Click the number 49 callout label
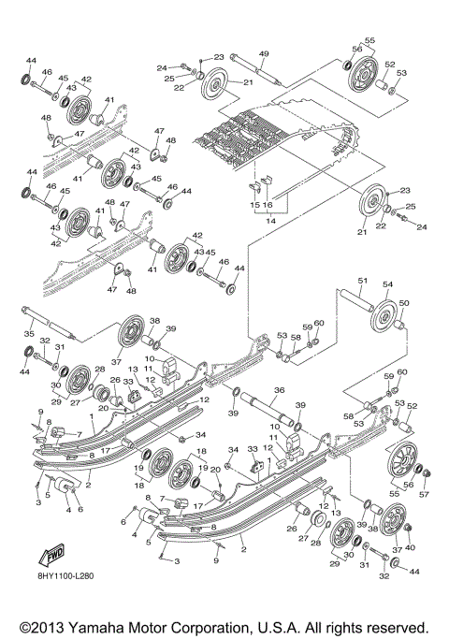click(264, 53)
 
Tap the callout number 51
click(362, 281)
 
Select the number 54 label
click(386, 283)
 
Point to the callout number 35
click(29, 332)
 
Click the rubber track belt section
click(271, 131)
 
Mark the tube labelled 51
click(355, 301)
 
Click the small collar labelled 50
click(401, 327)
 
